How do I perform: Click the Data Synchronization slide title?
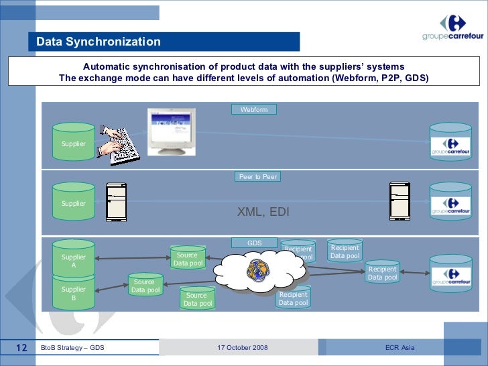[x=99, y=42]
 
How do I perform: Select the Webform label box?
[x=253, y=109]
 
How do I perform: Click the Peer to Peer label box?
[x=258, y=176]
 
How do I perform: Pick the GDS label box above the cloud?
[x=254, y=243]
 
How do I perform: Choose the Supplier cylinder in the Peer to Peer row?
[x=74, y=202]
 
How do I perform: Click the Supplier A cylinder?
[x=74, y=259]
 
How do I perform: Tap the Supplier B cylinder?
[x=74, y=293]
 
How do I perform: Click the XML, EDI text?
[x=263, y=212]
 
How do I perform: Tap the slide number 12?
[x=21, y=348]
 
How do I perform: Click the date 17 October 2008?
[x=243, y=348]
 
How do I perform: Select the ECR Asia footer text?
[x=400, y=348]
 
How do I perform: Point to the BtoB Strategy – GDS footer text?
[x=72, y=348]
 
